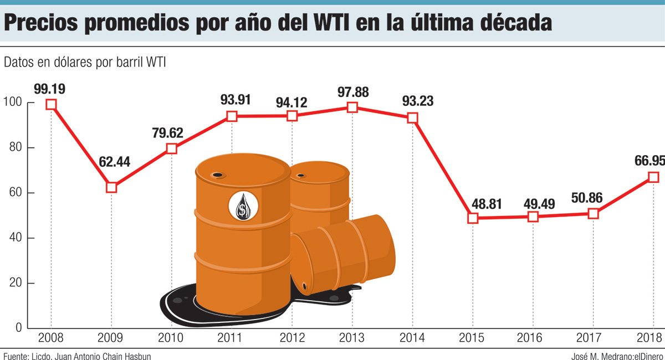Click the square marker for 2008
pyautogui.click(x=51, y=104)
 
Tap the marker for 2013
pyautogui.click(x=352, y=107)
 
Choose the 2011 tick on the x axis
pyautogui.click(x=232, y=337)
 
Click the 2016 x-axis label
pyautogui.click(x=533, y=337)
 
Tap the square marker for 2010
pyautogui.click(x=171, y=148)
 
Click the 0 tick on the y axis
pyautogui.click(x=19, y=328)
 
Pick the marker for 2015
pyautogui.click(x=473, y=218)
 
